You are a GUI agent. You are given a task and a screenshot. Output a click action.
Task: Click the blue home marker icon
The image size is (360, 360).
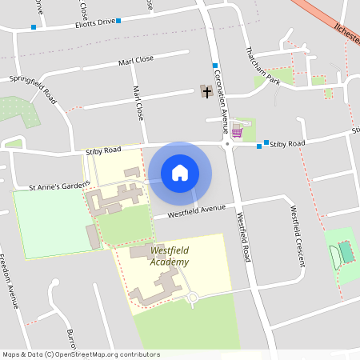tap(180, 173)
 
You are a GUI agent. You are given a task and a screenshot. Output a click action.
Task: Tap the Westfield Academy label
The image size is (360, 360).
tap(170, 257)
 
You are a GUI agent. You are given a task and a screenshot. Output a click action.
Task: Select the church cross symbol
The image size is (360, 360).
tap(207, 92)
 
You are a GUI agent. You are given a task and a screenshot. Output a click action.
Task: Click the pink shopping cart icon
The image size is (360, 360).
tap(237, 132)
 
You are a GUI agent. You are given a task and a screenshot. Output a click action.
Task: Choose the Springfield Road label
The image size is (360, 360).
tap(33, 89)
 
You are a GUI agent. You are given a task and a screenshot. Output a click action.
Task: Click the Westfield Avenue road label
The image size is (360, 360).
tap(195, 212)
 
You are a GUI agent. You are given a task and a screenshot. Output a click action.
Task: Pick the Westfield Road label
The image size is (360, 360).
tap(243, 234)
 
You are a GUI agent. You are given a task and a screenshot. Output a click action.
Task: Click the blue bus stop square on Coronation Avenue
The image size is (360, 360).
tap(215, 65)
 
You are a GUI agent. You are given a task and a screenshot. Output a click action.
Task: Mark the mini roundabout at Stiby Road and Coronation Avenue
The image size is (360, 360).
tap(227, 144)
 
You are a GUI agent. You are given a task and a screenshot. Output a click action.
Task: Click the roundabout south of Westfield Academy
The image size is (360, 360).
tap(192, 298)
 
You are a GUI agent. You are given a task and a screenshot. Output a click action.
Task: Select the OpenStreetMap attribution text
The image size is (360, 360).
tap(81, 354)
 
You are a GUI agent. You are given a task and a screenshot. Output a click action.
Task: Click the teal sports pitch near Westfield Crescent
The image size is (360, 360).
tap(346, 250)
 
